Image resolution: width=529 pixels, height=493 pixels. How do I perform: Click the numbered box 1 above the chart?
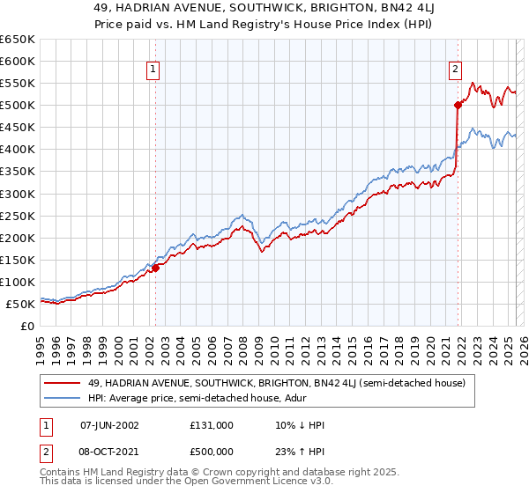153,70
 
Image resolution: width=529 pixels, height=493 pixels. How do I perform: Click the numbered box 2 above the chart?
455,70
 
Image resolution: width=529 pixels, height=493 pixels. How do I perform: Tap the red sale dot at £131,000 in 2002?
155,268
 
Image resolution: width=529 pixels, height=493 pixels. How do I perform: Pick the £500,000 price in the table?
212,453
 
